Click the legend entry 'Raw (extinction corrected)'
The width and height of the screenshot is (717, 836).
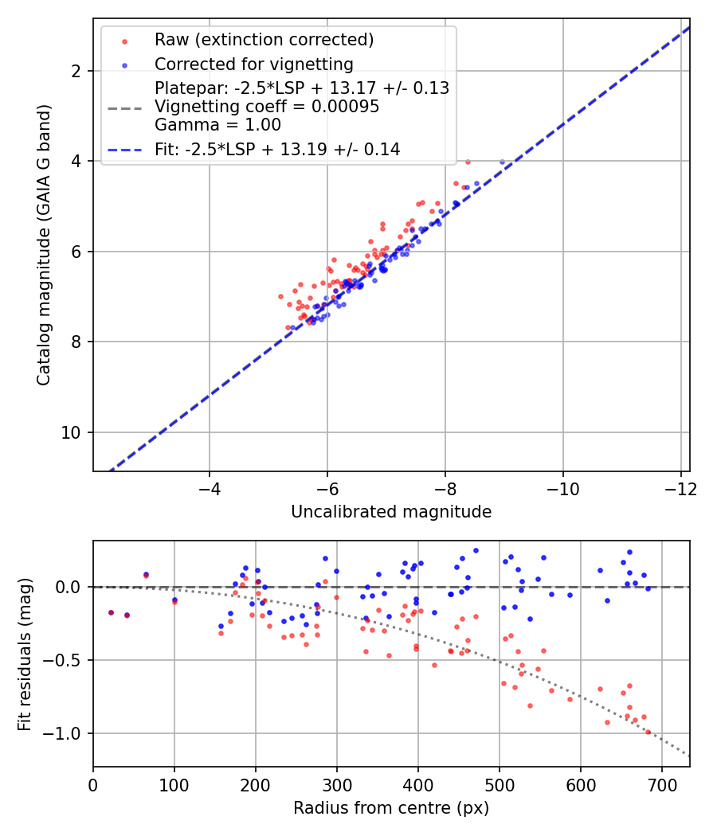(x=264, y=40)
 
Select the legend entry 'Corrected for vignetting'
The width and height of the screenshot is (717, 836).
(x=253, y=64)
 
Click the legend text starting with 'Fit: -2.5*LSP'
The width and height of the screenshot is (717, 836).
(x=277, y=149)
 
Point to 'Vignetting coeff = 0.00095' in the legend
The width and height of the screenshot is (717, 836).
(x=267, y=106)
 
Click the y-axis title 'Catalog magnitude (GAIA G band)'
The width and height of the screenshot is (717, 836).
(x=45, y=245)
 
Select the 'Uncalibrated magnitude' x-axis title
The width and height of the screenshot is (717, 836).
(x=391, y=511)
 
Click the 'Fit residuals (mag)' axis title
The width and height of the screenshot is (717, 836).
(x=25, y=653)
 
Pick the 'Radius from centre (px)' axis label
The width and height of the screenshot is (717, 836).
(x=391, y=808)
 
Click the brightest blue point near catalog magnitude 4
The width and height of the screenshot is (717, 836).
(x=502, y=162)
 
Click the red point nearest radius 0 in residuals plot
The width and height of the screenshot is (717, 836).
(x=111, y=612)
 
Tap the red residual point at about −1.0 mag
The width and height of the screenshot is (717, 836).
(x=648, y=732)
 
